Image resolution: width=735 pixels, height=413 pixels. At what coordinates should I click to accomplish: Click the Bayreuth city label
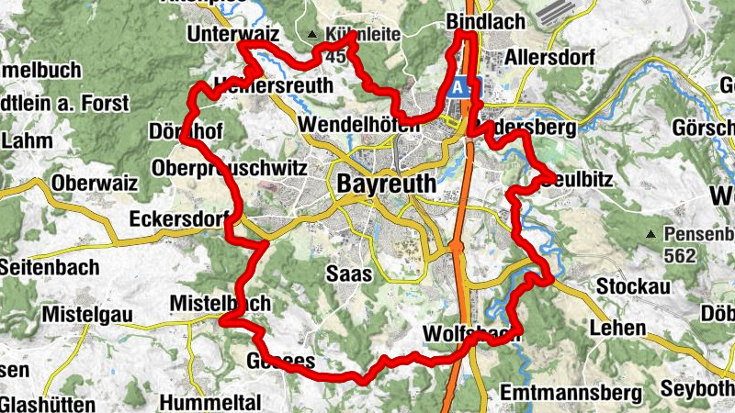coord(387,183)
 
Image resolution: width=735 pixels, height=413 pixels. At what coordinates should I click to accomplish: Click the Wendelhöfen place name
coord(358,124)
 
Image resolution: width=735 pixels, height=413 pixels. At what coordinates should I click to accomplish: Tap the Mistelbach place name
coord(220,304)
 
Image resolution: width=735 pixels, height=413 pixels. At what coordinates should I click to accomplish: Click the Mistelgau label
coord(87,315)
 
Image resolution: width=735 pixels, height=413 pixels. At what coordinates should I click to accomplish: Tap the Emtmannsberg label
coord(571,393)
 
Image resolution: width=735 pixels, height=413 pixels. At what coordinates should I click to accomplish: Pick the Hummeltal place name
coord(210,402)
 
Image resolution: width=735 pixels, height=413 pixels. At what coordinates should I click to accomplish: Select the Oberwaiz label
coord(95,184)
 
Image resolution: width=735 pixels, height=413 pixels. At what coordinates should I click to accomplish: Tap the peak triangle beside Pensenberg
coord(651,234)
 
